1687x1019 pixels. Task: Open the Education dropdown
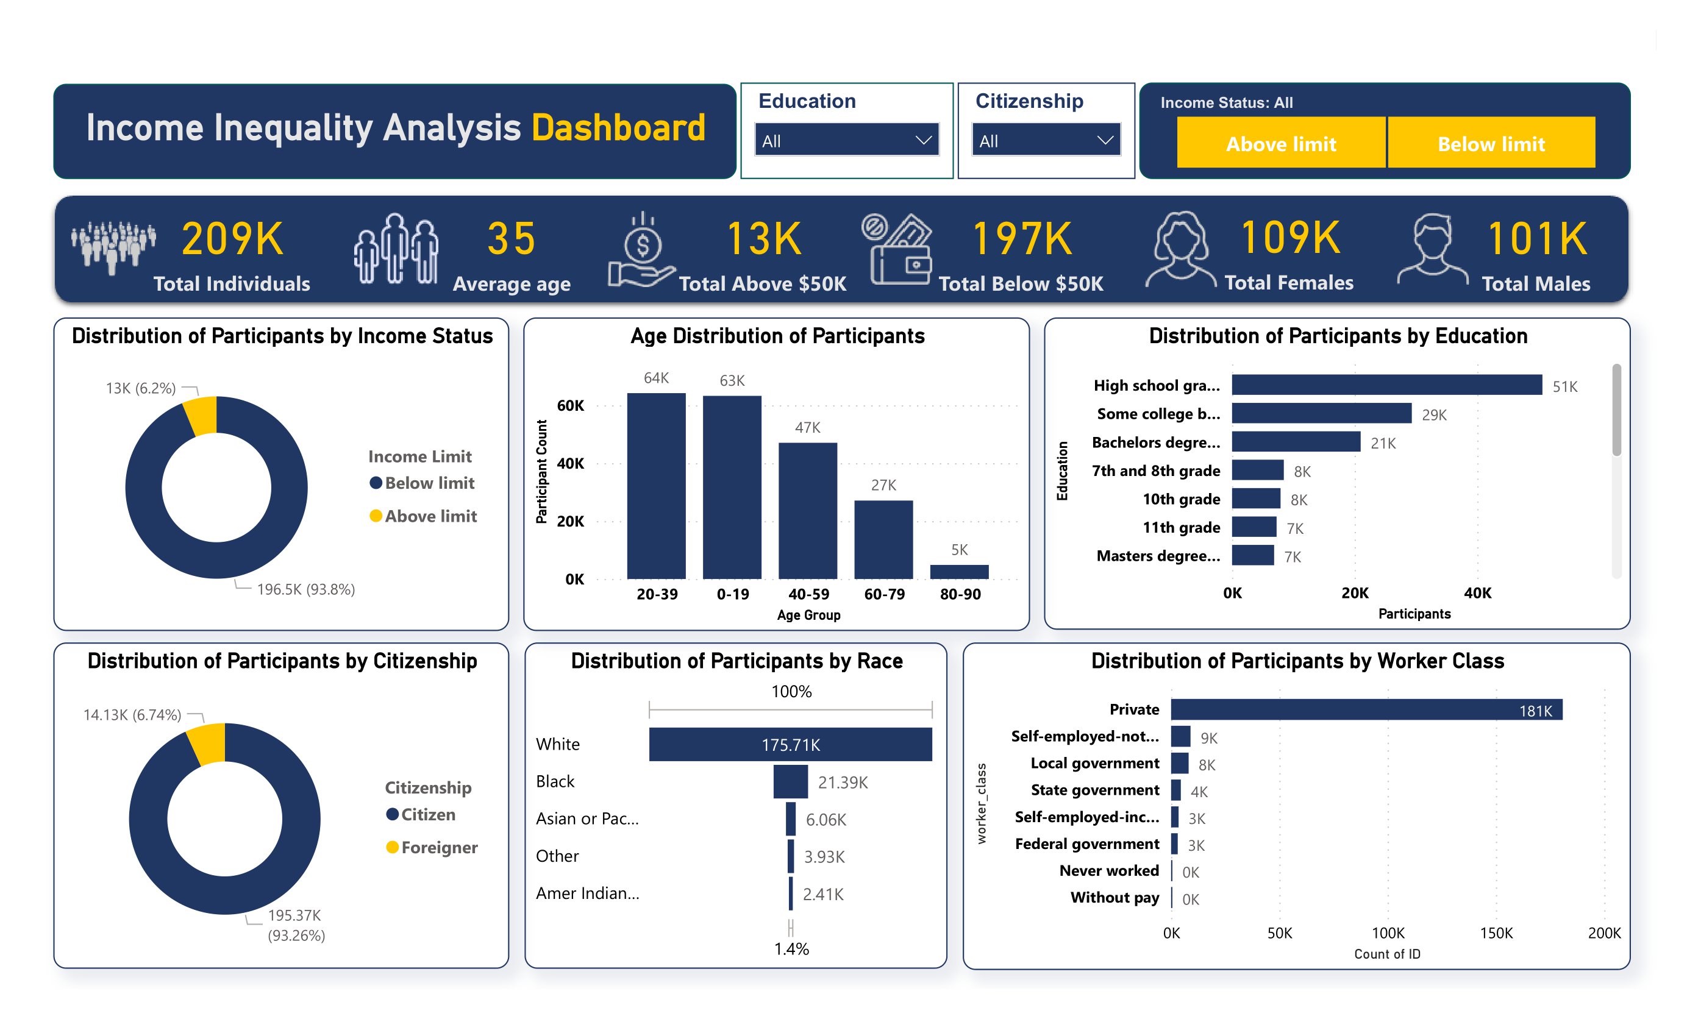(846, 140)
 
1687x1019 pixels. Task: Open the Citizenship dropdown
(1046, 140)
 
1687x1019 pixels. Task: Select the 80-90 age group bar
(958, 572)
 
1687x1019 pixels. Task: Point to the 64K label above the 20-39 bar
(656, 378)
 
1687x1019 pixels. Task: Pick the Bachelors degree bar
(1296, 441)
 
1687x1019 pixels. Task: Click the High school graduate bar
(1386, 385)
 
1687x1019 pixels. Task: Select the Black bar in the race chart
(790, 781)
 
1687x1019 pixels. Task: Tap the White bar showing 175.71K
(790, 744)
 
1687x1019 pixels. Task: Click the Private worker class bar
(1366, 709)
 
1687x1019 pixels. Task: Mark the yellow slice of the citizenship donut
(207, 742)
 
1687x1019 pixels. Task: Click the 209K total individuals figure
(232, 238)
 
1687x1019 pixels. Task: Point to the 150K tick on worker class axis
(1496, 933)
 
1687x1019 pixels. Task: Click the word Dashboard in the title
(618, 128)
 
